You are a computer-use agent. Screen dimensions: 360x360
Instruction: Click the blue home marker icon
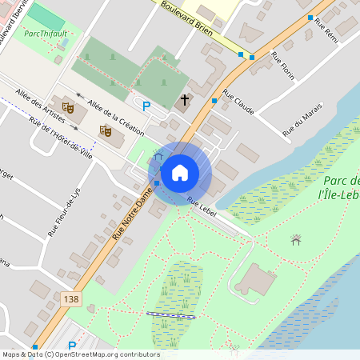coord(180,173)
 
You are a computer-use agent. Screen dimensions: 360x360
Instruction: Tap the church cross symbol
coord(186,100)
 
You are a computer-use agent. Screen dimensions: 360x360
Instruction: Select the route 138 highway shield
coord(69,298)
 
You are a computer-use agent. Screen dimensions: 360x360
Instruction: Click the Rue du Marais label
coord(307,116)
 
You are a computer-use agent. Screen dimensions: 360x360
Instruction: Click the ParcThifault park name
coord(45,34)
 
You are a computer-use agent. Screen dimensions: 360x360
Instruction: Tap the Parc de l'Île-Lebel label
coord(340,186)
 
